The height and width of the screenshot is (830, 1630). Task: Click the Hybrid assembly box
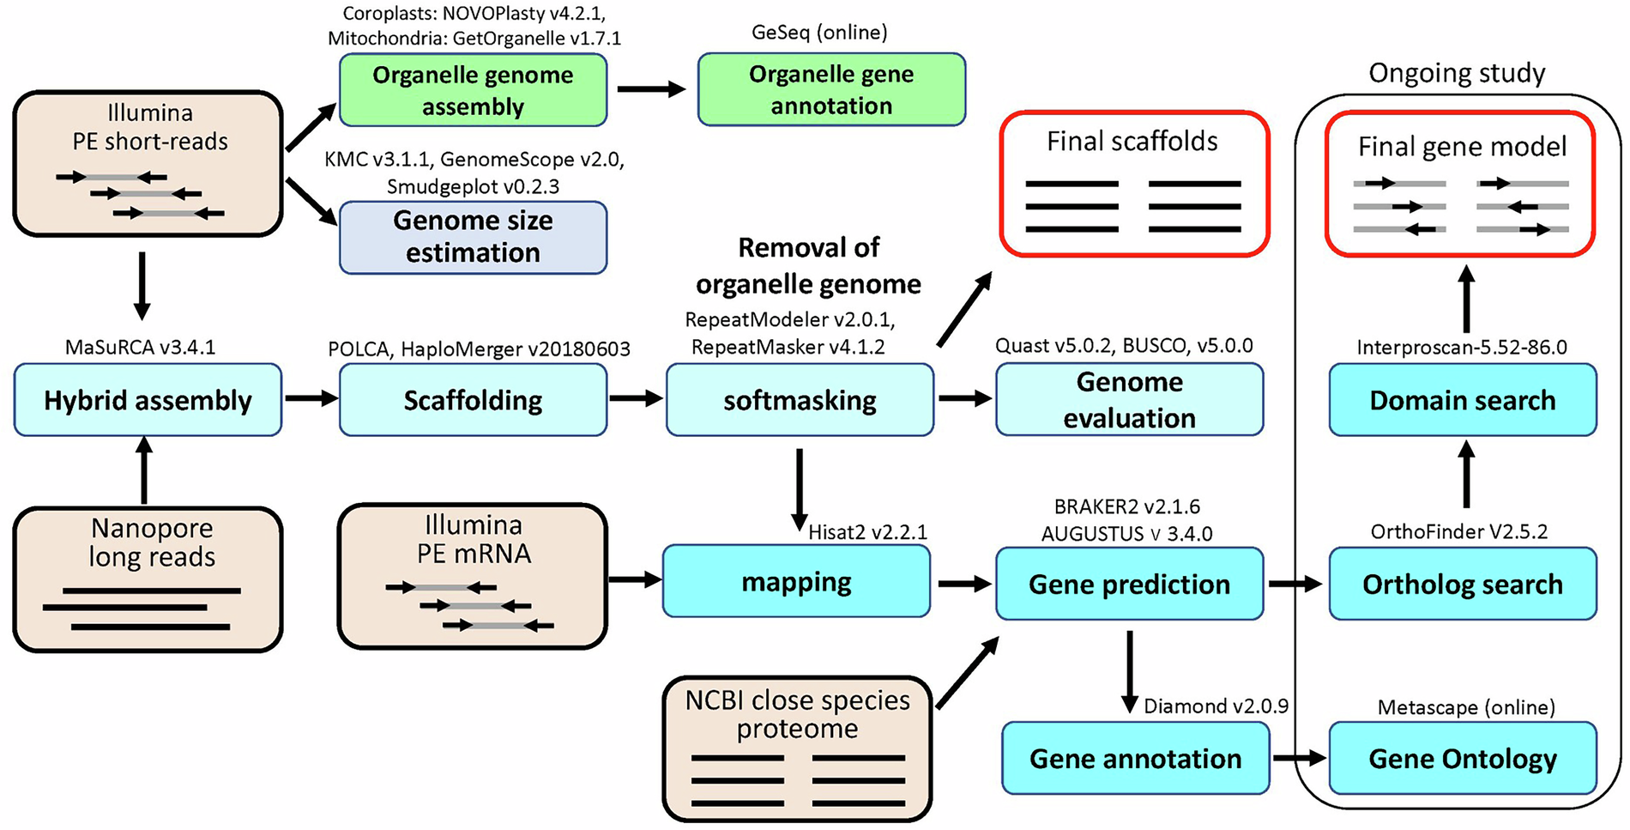(x=148, y=400)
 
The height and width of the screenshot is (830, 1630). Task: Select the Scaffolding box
(x=473, y=400)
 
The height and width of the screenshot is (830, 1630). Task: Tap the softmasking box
(x=800, y=400)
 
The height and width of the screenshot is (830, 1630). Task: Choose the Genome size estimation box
(x=473, y=237)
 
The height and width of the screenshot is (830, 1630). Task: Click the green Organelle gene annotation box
(x=831, y=89)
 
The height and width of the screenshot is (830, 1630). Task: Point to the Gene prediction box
(x=1129, y=585)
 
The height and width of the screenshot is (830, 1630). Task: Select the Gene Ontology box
(x=1462, y=759)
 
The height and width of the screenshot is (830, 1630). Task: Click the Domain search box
(x=1462, y=400)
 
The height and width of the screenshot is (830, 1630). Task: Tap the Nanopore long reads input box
(x=148, y=579)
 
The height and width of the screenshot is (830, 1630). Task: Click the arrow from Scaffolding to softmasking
(x=636, y=398)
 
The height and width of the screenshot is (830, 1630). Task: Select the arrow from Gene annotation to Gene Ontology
(x=1299, y=758)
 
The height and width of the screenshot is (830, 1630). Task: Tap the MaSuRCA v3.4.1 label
(x=141, y=348)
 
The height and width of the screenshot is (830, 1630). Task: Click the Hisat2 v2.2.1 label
(x=867, y=532)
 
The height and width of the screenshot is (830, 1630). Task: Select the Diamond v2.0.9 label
(x=1216, y=706)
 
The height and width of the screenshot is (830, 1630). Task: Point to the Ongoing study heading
(x=1457, y=74)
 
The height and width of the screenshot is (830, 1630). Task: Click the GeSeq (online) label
(x=819, y=33)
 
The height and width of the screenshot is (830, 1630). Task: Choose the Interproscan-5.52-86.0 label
(x=1462, y=348)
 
